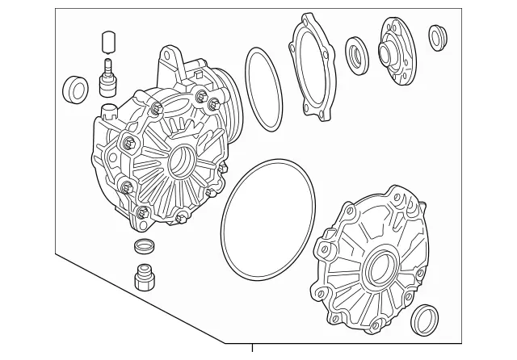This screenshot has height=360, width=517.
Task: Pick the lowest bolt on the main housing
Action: [142, 212]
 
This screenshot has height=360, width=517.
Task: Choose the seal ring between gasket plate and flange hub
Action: [356, 55]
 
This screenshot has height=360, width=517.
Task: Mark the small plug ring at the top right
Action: [438, 37]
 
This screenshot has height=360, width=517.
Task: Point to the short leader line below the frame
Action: [253, 351]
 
